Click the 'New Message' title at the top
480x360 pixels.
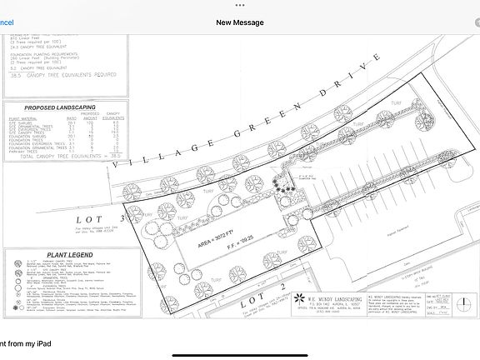[x=240, y=23]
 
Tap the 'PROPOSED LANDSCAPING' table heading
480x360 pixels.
[x=59, y=108]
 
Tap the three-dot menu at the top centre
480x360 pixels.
[x=240, y=4]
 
